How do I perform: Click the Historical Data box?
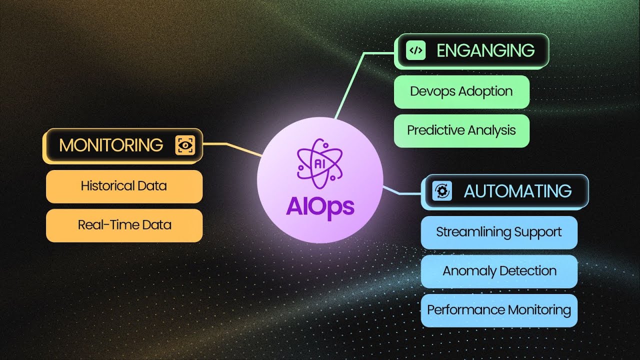(124, 186)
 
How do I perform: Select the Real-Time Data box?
(124, 225)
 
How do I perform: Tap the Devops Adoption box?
(461, 91)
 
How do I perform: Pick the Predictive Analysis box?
(461, 130)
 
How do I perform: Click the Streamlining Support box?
(498, 232)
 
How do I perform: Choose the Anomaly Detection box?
(498, 271)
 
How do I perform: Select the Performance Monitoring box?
(498, 310)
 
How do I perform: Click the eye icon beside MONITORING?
(185, 145)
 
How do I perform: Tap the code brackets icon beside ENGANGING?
(416, 50)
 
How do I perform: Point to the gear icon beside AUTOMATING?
(442, 191)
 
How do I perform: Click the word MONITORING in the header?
(111, 145)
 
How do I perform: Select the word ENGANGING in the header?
(485, 50)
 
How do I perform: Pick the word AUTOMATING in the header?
(517, 191)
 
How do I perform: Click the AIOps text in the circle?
(320, 206)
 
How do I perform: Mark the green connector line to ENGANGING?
(350, 85)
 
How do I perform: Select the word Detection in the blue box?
(528, 271)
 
